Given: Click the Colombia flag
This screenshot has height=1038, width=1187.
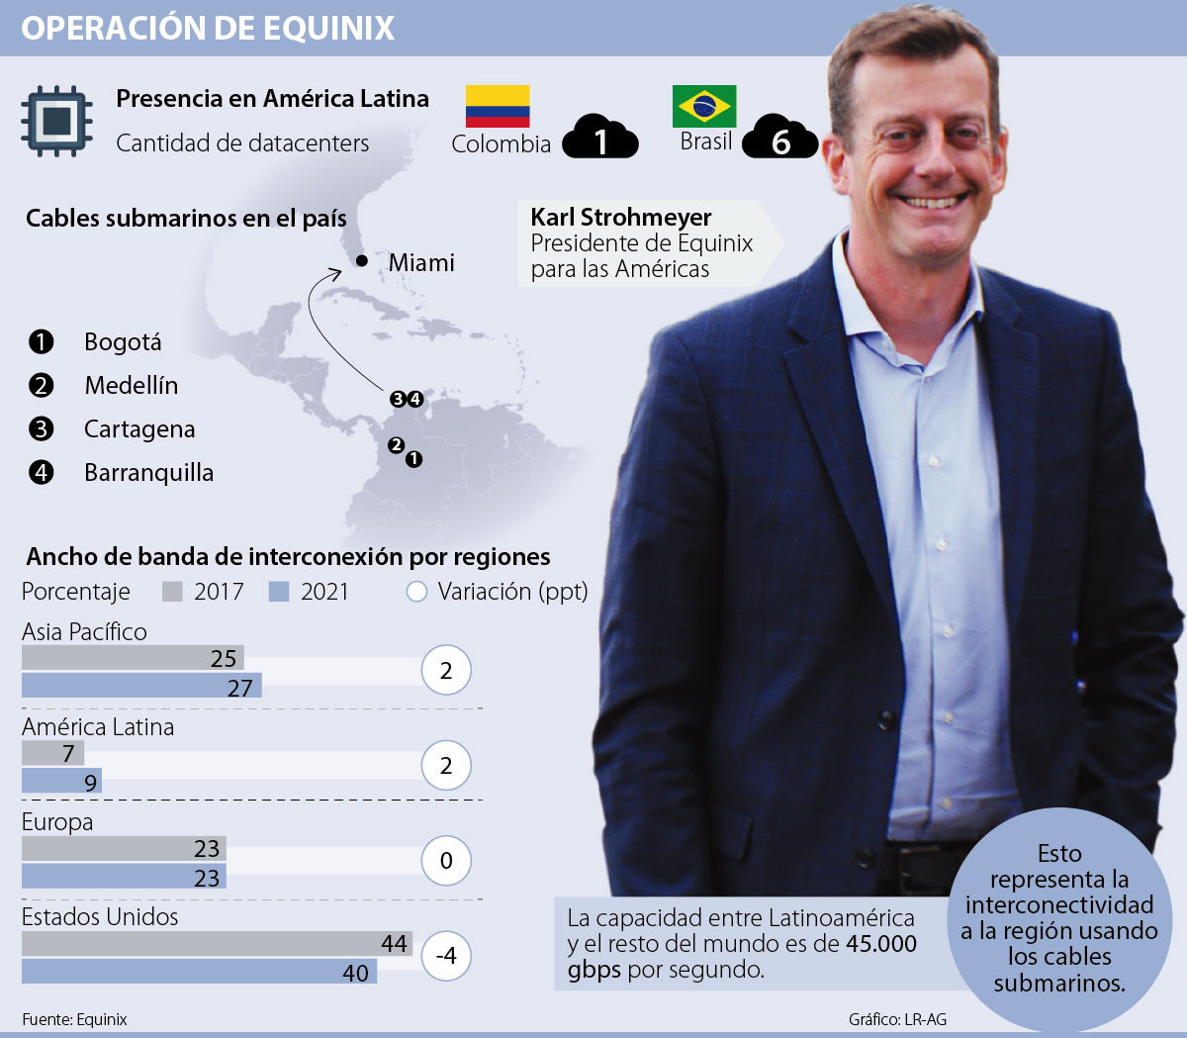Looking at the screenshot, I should (x=498, y=106).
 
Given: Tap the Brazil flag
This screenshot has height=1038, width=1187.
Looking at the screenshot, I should (x=704, y=106).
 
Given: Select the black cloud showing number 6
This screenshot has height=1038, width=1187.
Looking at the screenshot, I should (x=780, y=140).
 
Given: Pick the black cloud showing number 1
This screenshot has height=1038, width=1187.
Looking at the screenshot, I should (x=600, y=140).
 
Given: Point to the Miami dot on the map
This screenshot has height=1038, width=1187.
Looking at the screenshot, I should (x=362, y=261).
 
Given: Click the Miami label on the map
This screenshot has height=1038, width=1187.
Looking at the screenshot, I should (x=421, y=263).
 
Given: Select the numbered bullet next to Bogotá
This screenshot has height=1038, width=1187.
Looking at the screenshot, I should (x=41, y=342).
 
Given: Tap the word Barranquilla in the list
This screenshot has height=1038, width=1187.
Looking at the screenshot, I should (x=148, y=473).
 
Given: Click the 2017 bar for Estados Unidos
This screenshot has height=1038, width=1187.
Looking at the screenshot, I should (x=217, y=943).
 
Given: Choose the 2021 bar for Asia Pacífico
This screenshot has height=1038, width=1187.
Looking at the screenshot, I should (x=141, y=686).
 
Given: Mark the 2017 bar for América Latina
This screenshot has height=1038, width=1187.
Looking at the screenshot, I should (x=52, y=753).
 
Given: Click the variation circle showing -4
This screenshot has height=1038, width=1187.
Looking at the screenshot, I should (x=446, y=956).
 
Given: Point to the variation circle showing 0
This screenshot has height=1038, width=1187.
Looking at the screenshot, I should (x=446, y=861).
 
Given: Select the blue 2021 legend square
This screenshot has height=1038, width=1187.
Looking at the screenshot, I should (x=279, y=592).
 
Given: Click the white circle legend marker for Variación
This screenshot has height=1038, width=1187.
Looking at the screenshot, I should (x=416, y=592).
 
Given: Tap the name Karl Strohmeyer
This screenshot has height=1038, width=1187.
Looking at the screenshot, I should (x=621, y=218).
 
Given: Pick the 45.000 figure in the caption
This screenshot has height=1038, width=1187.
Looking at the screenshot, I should (x=880, y=944).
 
